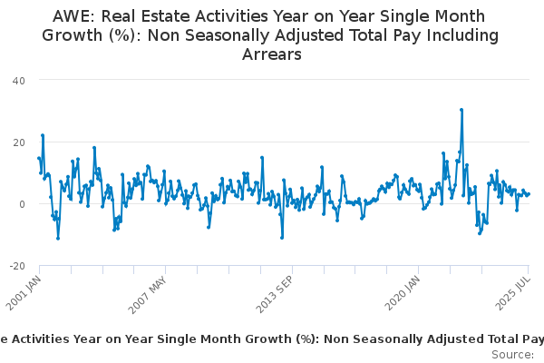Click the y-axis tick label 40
18,80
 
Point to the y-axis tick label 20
18,142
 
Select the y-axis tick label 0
22,203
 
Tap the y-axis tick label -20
16,265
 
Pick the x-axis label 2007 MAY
148,292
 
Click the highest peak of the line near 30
461,110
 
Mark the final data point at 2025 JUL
529,193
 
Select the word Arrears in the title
271,54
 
